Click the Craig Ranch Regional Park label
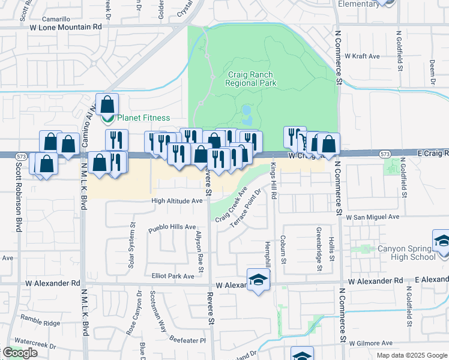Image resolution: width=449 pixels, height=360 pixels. click(252, 79)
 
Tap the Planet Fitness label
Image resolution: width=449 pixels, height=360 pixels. click(143, 118)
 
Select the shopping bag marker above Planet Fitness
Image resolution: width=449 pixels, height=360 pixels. click(107, 104)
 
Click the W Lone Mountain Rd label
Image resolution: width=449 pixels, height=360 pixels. click(65, 26)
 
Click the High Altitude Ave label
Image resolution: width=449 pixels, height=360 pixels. click(176, 202)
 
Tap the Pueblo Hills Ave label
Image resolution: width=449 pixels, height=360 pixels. click(172, 227)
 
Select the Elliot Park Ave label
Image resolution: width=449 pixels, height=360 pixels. click(173, 276)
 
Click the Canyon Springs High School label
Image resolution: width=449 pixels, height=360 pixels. click(406, 253)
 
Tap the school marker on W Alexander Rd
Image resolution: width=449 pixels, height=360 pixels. click(259, 280)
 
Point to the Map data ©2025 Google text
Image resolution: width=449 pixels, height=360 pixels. click(411, 355)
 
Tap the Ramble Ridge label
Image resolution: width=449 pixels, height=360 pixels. click(40, 323)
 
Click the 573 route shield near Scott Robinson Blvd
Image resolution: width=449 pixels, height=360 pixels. click(22, 156)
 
